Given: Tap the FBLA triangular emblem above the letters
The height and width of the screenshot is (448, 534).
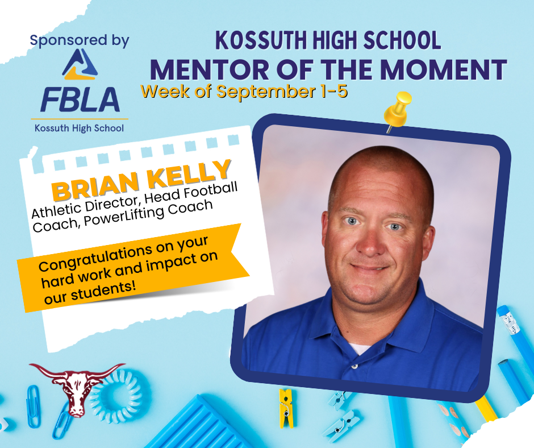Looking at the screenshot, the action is click(x=80, y=64).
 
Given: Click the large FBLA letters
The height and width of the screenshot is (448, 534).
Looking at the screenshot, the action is click(x=80, y=99).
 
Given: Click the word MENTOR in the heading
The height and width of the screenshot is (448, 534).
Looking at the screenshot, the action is click(x=210, y=70).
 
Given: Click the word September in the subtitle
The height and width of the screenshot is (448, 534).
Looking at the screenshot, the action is click(x=266, y=92).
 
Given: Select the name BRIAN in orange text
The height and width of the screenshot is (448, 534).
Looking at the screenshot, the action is click(x=96, y=186).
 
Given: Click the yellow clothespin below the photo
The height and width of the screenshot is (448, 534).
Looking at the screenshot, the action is click(x=286, y=408).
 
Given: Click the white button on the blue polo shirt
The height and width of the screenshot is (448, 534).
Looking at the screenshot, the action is click(x=354, y=366).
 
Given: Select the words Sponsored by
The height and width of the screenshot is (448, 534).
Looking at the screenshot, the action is click(x=80, y=40).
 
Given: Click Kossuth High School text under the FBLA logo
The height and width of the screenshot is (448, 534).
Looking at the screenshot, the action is click(x=79, y=128).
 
